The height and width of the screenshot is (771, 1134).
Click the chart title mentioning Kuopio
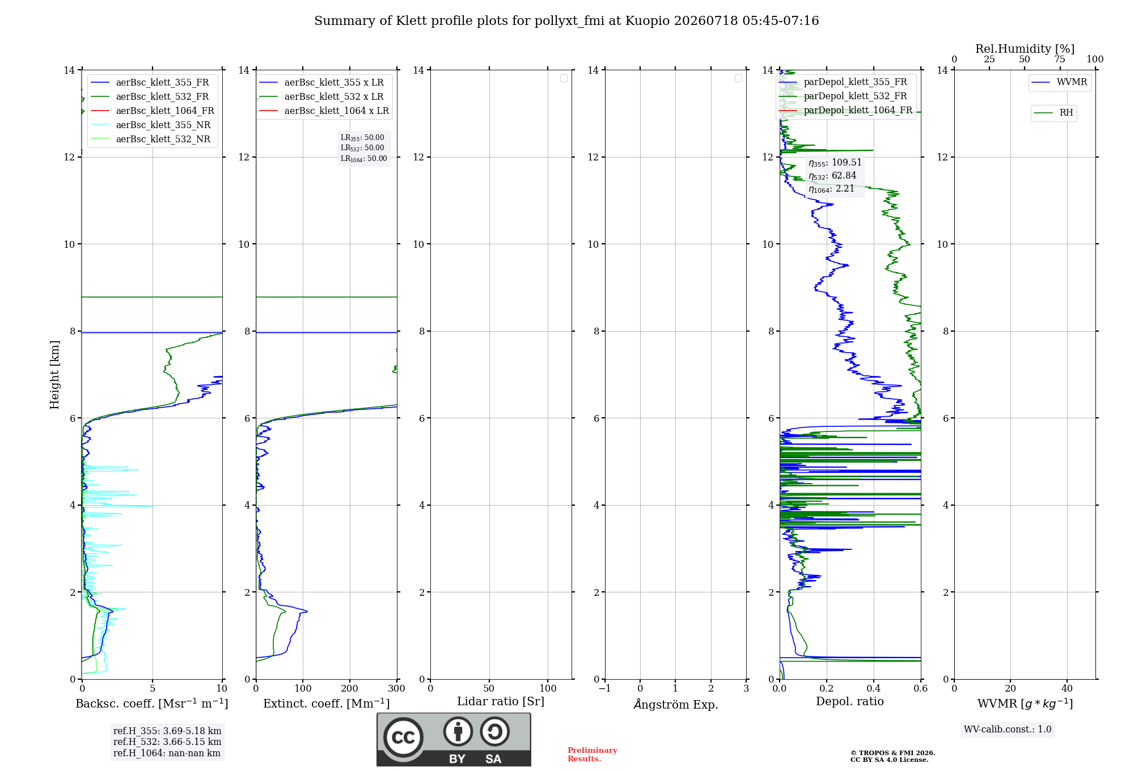(566, 21)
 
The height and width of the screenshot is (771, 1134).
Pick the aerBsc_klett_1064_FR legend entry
(152, 111)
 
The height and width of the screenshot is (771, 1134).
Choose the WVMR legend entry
(1059, 82)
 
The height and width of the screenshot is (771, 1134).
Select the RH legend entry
(1053, 113)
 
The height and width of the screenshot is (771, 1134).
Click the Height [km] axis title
(54, 375)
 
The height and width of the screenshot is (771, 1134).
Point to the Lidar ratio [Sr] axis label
(501, 702)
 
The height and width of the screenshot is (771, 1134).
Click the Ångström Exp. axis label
(676, 704)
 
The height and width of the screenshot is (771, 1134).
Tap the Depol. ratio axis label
(850, 701)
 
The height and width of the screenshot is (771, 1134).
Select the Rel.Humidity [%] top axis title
(1025, 49)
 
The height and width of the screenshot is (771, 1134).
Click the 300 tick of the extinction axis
(397, 688)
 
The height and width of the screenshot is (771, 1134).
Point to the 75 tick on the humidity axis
(1060, 60)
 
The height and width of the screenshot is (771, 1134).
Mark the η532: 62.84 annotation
(832, 176)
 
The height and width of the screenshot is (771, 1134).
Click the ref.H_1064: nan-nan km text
(167, 753)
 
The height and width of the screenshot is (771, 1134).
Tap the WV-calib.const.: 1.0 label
(1008, 730)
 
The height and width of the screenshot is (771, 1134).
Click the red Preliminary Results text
(593, 755)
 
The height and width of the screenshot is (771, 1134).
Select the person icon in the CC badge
(458, 731)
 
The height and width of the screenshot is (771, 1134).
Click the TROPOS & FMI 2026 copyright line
(893, 753)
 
